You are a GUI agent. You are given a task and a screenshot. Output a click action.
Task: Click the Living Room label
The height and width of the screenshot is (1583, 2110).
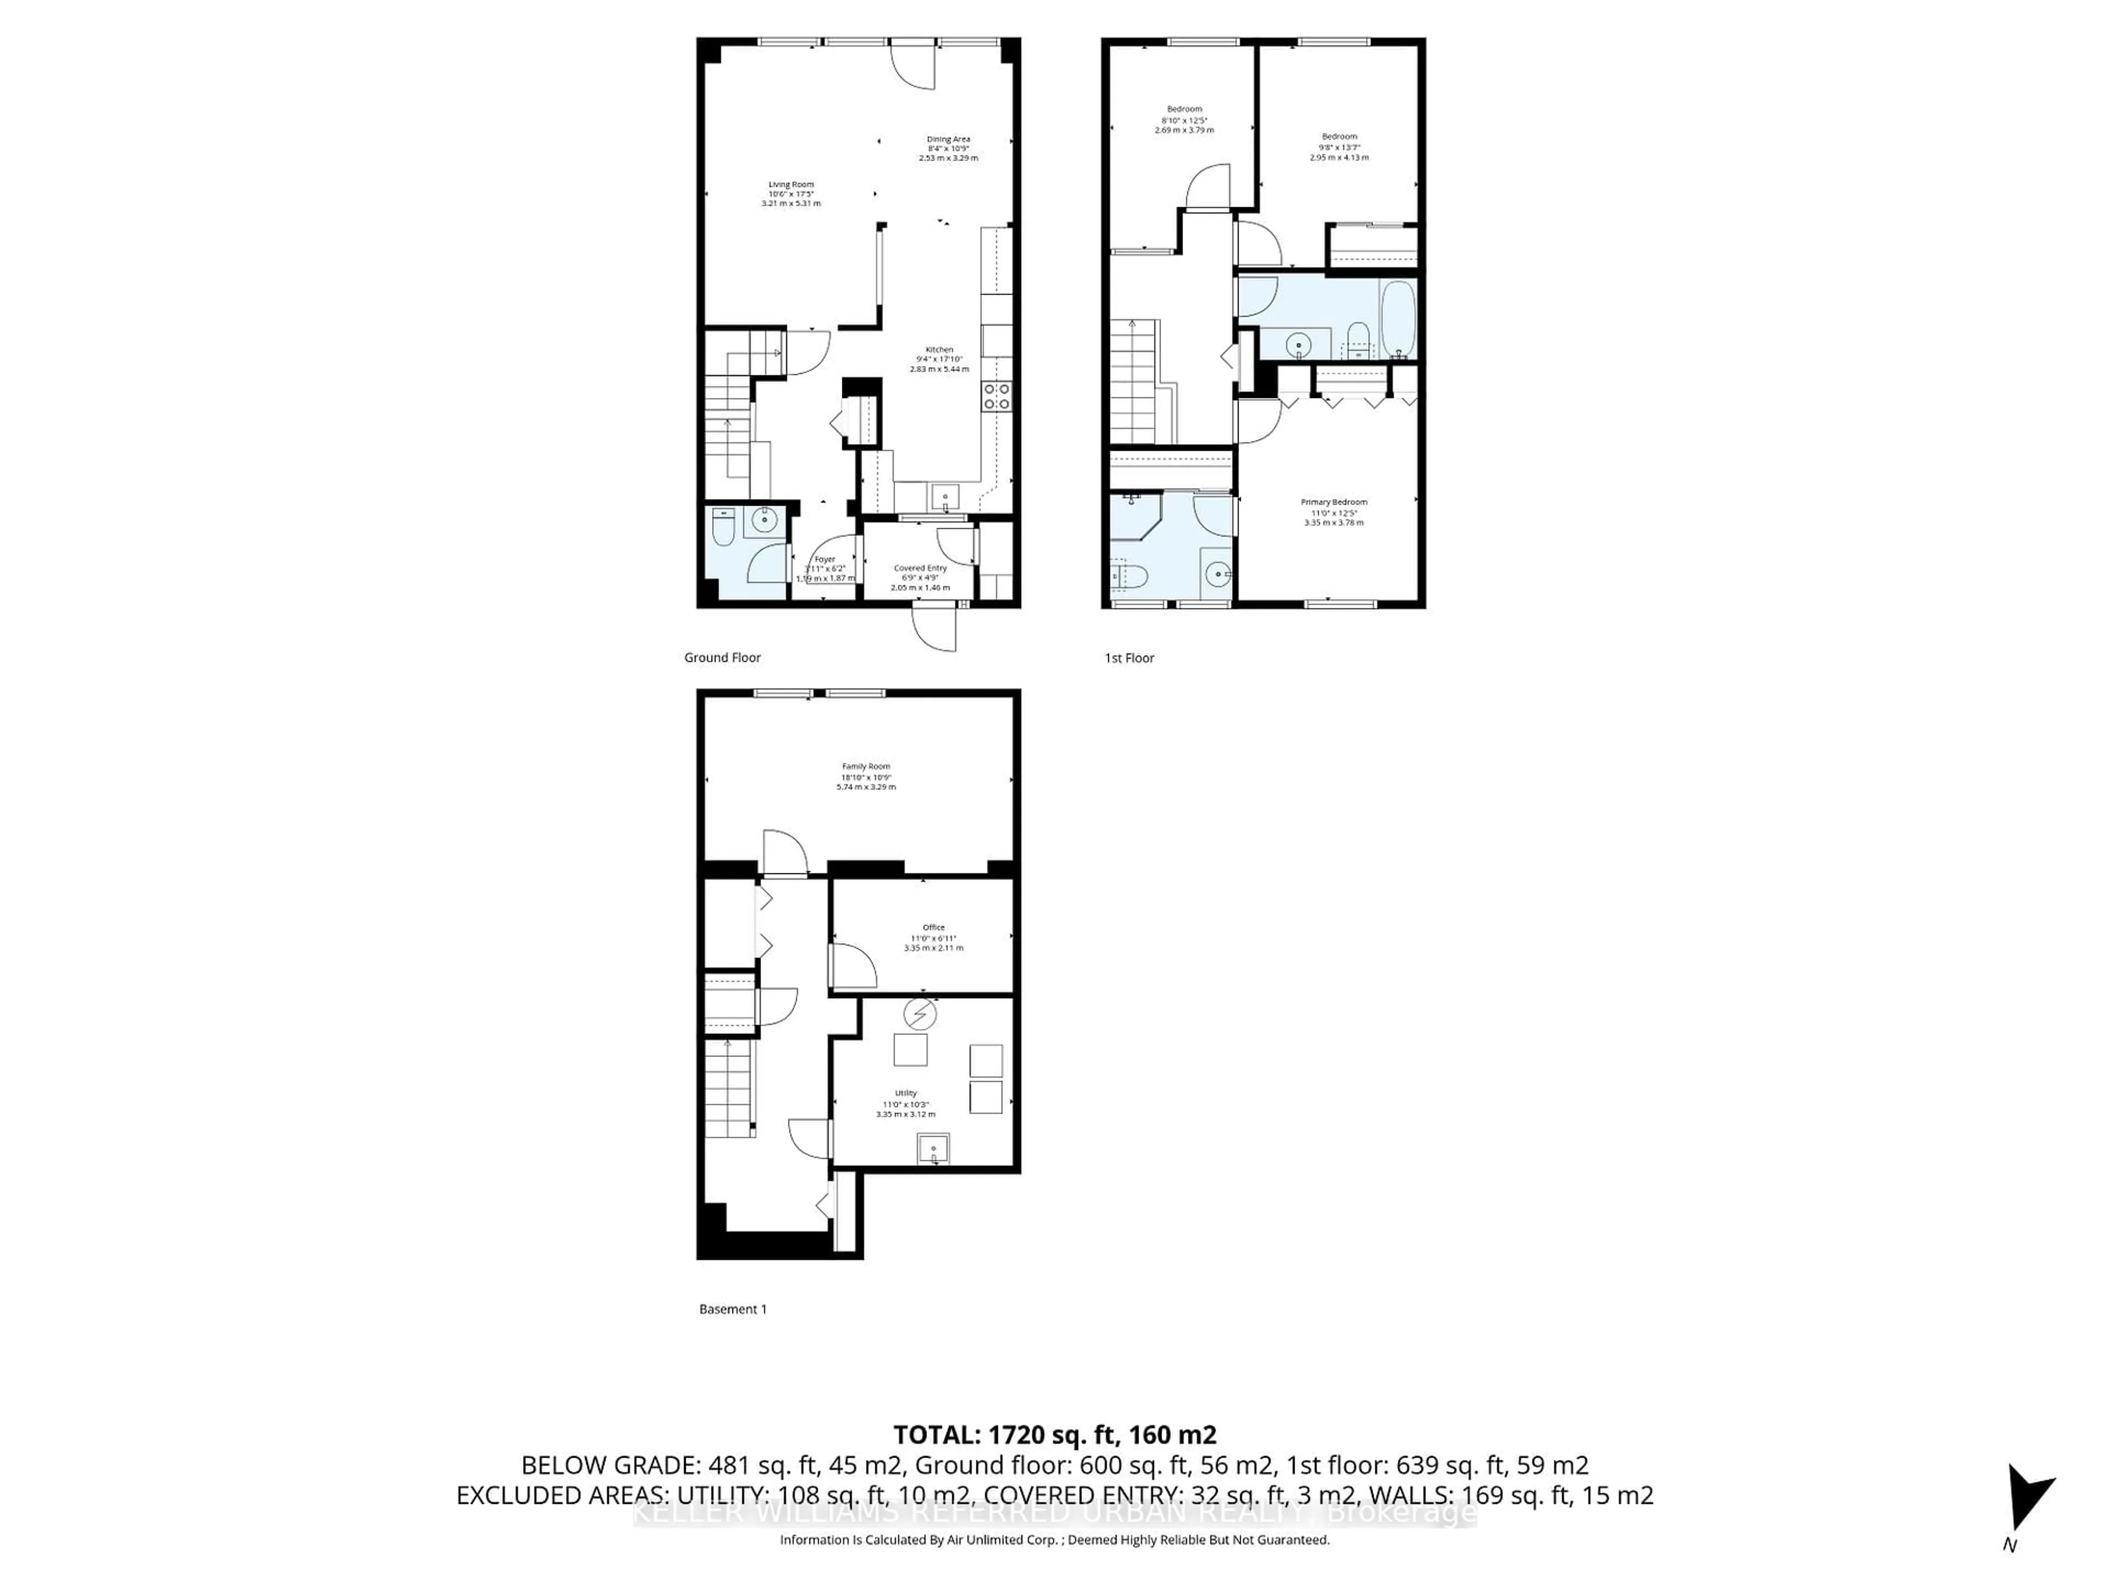tap(791, 193)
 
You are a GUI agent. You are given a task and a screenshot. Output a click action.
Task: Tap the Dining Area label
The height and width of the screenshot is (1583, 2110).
tap(948, 148)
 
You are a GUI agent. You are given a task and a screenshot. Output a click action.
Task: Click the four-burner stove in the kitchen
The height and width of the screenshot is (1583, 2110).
tap(997, 396)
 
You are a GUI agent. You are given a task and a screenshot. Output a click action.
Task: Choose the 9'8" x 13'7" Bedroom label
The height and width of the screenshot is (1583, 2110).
tap(1339, 147)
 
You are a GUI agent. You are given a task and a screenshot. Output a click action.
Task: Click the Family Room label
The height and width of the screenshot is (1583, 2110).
tap(865, 776)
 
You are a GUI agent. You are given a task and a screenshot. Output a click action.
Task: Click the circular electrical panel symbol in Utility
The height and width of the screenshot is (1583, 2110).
tap(919, 1014)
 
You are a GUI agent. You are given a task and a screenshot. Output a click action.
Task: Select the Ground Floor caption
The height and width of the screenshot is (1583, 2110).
tap(722, 657)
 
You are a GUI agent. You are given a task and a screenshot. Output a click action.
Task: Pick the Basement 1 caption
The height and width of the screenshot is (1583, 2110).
tap(732, 1309)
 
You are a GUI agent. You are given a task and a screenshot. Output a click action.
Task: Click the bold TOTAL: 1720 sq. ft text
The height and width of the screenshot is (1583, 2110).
tap(1054, 1434)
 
